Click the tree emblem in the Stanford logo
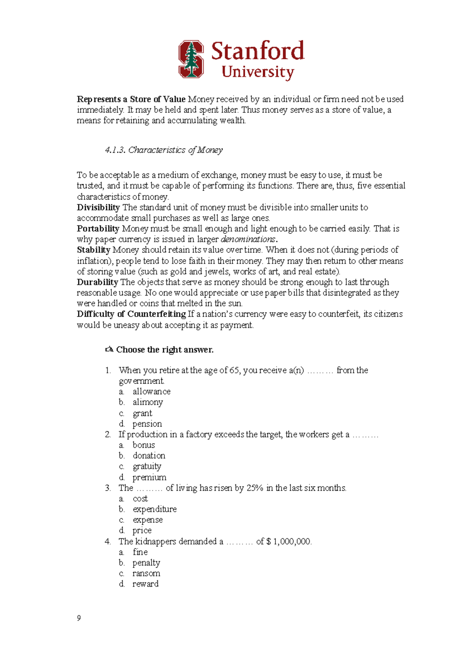pos(191,60)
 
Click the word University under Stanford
pos(258,72)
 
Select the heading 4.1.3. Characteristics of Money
pos(164,150)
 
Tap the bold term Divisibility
pos(98,207)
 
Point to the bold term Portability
pos(98,229)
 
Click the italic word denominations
pos(248,239)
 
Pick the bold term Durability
pos(98,282)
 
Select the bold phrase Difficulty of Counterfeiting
pos(131,314)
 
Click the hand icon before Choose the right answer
pos(109,349)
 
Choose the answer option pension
pos(147,424)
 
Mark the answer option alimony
pos(148,402)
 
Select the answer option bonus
pos(144,445)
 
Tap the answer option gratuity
pos(147,467)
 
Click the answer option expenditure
pos(154,509)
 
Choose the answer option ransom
pos(146,573)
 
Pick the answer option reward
pos(145,584)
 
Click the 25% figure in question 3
pos(255,488)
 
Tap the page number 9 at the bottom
pos(79,618)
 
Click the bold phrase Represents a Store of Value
pos(131,99)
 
